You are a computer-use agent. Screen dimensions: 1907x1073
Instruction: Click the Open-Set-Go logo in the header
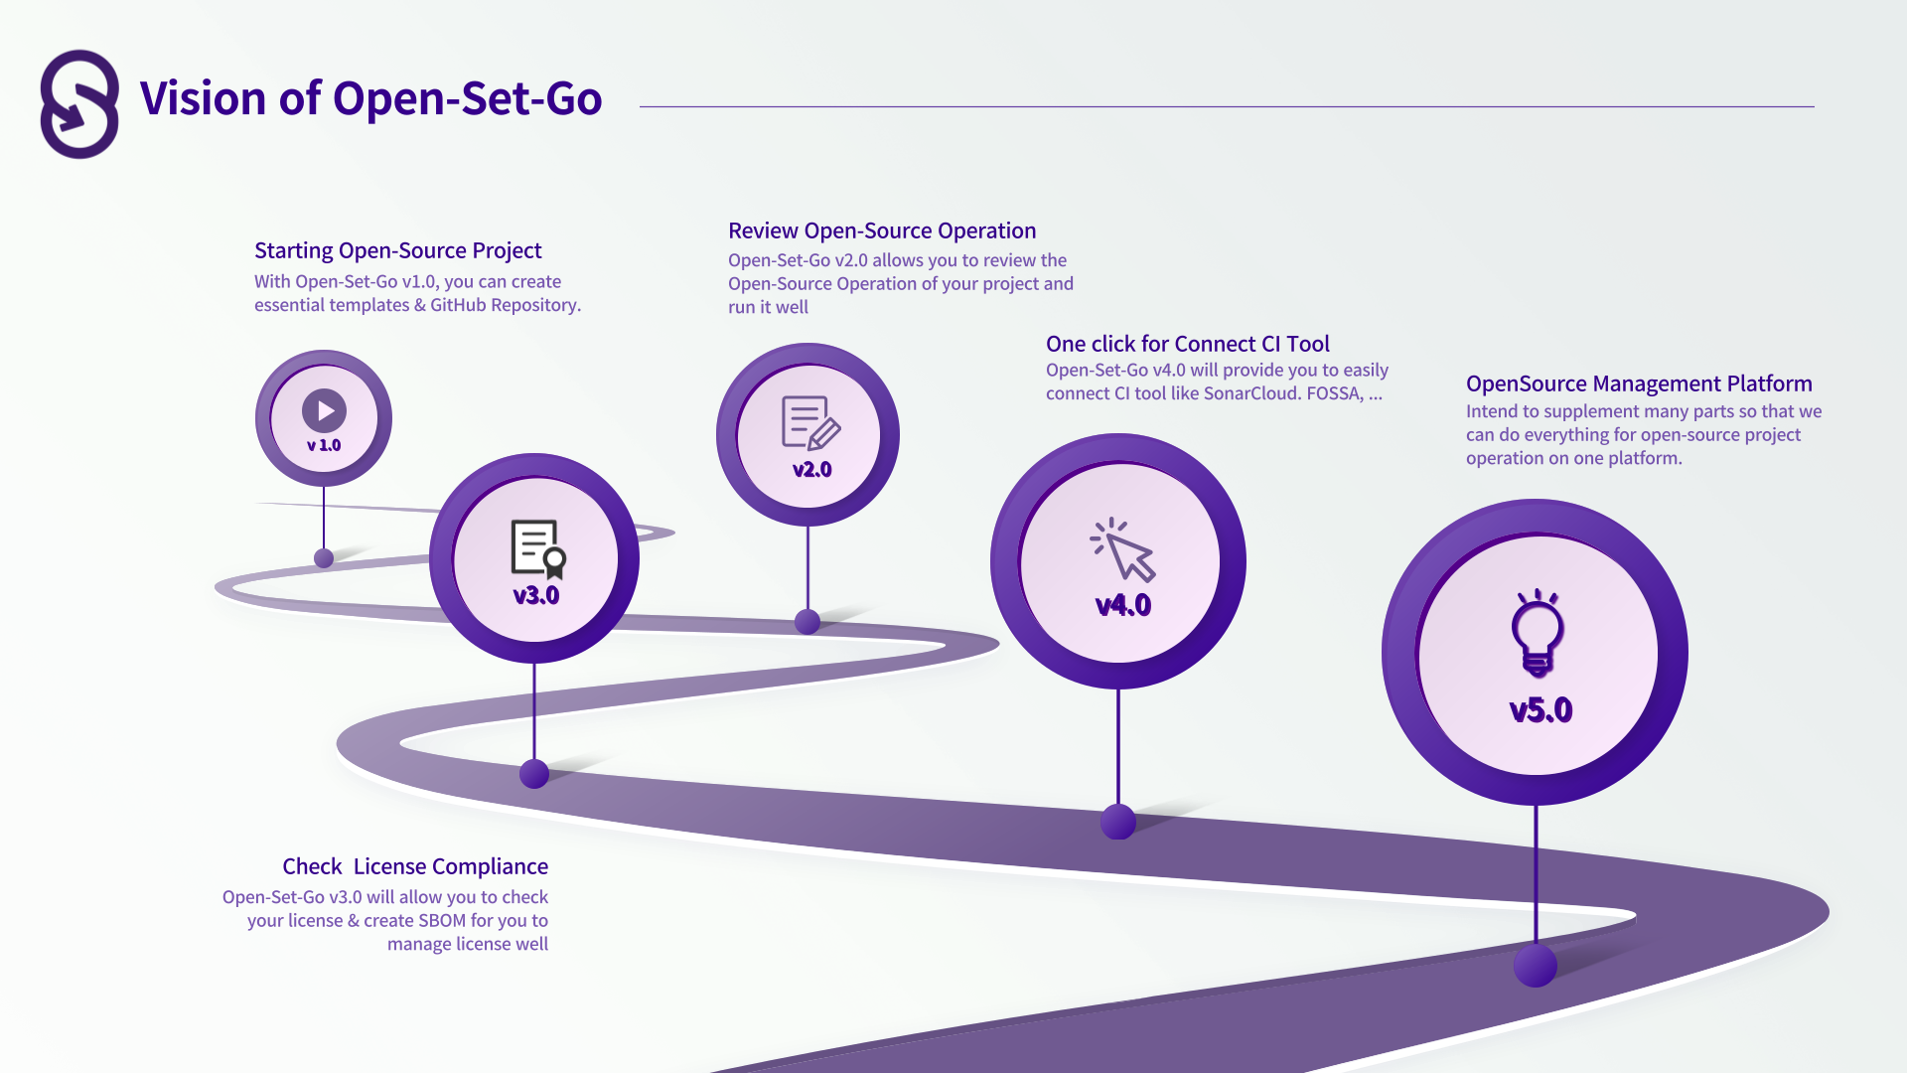(79, 104)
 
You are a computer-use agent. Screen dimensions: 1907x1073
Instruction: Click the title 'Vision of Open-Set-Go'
(370, 98)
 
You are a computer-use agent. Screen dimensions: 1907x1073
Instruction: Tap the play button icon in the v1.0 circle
(324, 409)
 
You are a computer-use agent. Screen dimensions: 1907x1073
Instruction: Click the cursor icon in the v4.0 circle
(1123, 549)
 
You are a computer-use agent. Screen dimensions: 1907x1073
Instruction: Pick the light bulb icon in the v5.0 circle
(1538, 633)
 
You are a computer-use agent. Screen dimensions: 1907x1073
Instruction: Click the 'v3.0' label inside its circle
(536, 596)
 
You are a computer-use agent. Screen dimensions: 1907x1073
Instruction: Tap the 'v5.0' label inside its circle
(1540, 710)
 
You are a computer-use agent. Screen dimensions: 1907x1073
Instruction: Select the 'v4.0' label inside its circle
(1123, 606)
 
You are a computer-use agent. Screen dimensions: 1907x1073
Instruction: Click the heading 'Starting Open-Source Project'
(397, 250)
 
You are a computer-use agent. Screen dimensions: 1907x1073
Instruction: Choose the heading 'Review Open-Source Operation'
(882, 230)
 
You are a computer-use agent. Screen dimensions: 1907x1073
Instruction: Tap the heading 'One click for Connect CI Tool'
(1187, 344)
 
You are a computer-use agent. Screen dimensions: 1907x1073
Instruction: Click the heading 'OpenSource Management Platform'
(1639, 383)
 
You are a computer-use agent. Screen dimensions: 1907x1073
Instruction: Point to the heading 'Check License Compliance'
(415, 866)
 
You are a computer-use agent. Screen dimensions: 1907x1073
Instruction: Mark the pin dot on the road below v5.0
(1536, 966)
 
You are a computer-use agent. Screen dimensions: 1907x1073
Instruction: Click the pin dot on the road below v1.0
(324, 558)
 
